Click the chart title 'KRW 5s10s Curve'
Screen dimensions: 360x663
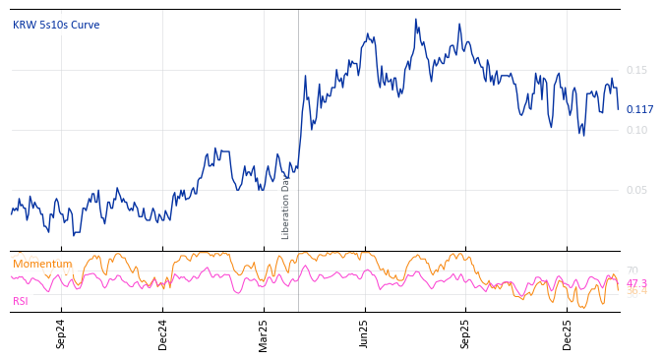coord(56,26)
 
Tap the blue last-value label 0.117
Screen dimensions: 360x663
coord(639,109)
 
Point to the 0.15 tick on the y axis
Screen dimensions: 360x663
coord(636,70)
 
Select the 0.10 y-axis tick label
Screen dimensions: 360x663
coord(636,130)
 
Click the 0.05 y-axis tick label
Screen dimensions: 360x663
coord(636,190)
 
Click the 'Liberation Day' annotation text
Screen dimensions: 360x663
coord(286,208)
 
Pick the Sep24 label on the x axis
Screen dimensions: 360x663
coord(61,334)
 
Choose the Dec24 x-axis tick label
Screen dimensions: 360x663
coord(163,334)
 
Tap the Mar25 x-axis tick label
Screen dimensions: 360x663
coord(264,334)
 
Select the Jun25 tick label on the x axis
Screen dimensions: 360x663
coord(365,334)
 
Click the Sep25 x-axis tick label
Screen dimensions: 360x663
coord(466,334)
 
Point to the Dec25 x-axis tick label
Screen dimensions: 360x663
coord(568,334)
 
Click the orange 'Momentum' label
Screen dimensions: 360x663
coord(42,264)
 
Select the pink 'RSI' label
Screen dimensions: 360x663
coord(21,301)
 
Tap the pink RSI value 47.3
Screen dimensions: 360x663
coord(636,283)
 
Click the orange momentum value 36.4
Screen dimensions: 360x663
coord(636,292)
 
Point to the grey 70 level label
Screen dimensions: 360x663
coord(632,270)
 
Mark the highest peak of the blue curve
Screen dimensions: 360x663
coord(416,19)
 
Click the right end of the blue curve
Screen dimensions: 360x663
coord(618,109)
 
